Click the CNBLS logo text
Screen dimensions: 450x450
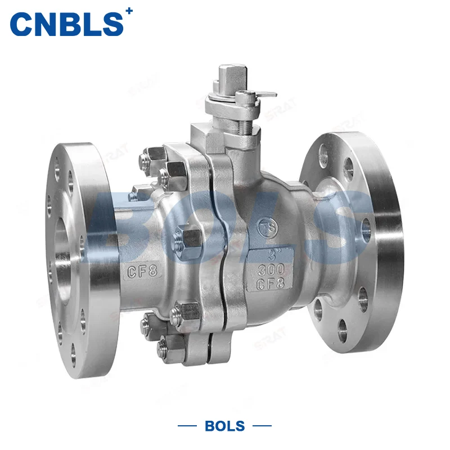click(66, 24)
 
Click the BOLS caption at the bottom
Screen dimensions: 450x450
click(225, 426)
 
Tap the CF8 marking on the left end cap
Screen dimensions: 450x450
click(142, 272)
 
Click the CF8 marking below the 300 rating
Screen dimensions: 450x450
click(271, 282)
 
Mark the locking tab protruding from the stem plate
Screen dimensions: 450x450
click(269, 94)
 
